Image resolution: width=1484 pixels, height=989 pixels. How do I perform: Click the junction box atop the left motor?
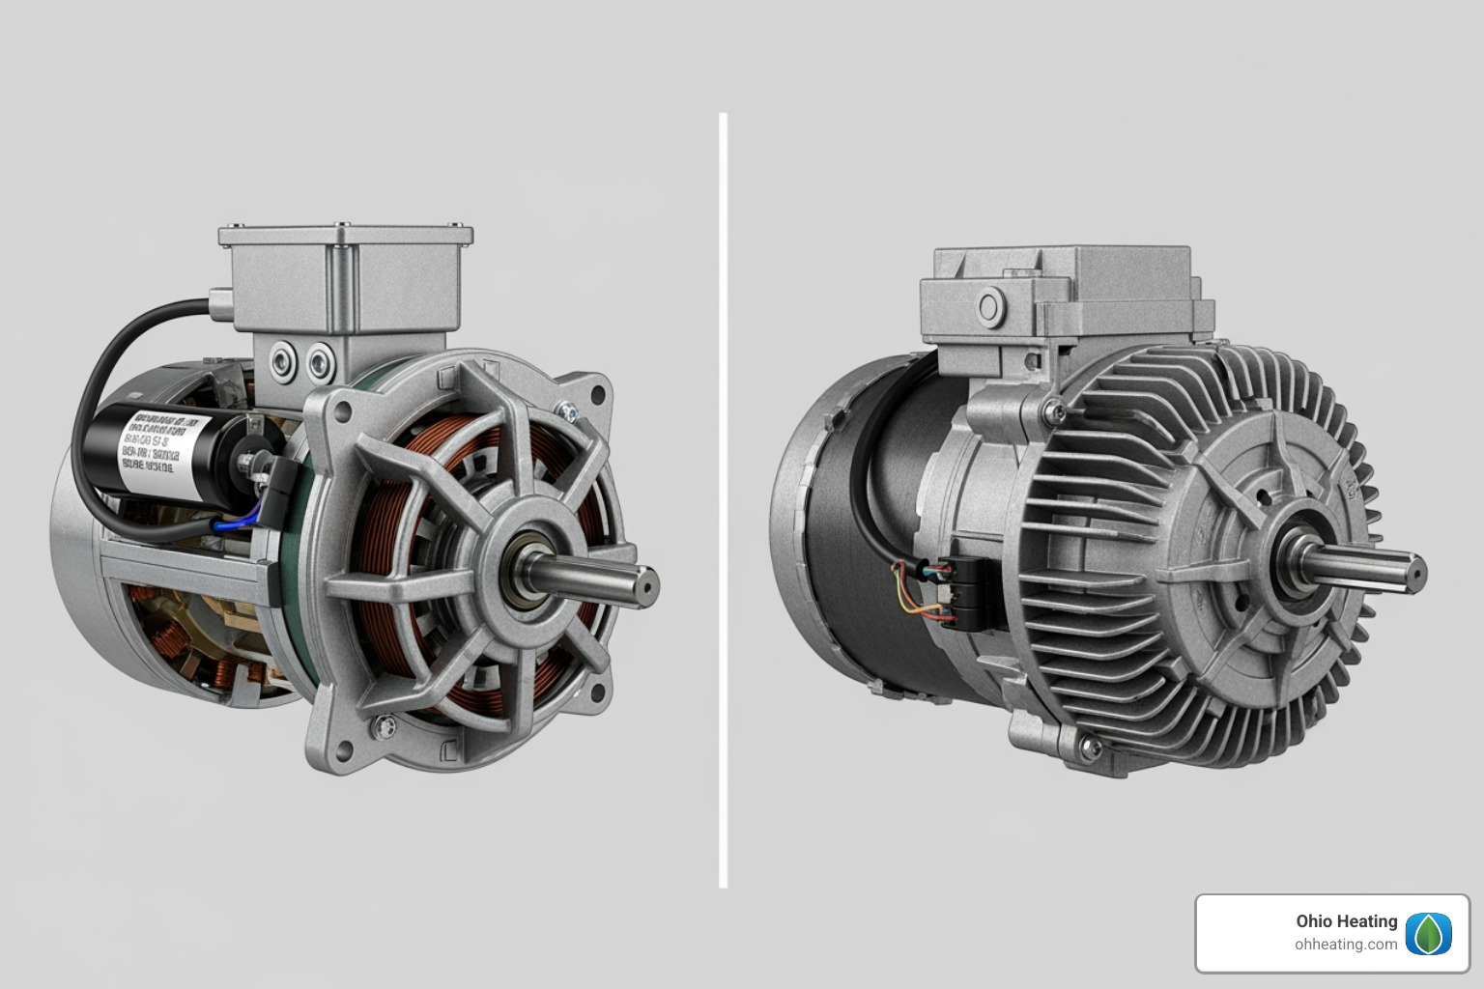tap(345, 280)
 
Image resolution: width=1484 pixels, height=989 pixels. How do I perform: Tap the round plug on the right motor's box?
tap(988, 308)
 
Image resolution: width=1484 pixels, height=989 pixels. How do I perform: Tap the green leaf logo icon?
tap(1428, 933)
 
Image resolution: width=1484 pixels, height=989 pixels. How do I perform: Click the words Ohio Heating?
tap(1346, 921)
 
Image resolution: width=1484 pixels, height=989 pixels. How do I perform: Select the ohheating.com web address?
tap(1346, 945)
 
